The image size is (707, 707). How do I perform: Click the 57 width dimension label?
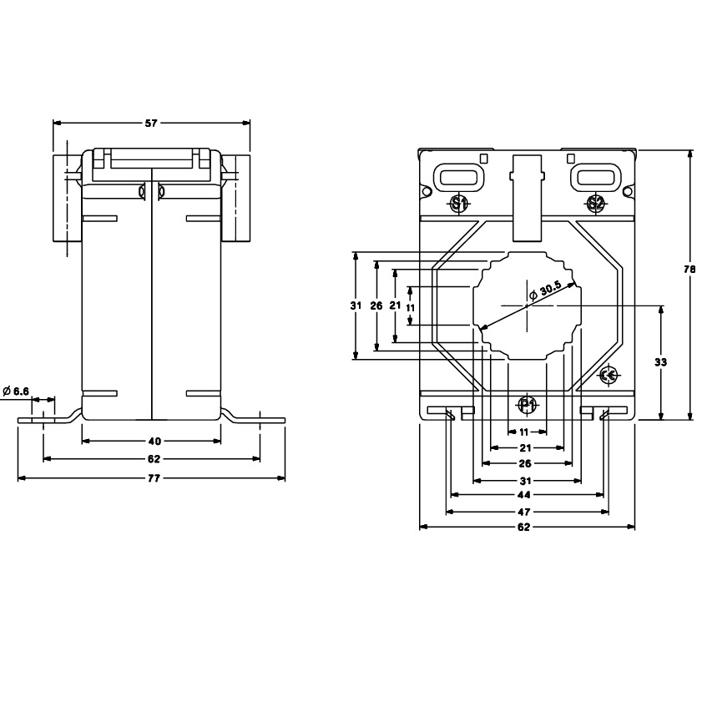click(151, 123)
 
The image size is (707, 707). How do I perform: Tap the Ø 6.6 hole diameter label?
click(16, 391)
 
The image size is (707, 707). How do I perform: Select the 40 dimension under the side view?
click(154, 441)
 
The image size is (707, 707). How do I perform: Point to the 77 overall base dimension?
click(154, 478)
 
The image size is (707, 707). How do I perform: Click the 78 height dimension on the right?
click(689, 270)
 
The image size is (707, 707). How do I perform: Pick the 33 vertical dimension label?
click(660, 361)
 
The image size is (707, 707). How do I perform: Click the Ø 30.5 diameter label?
click(545, 291)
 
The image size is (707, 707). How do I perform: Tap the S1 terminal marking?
click(459, 205)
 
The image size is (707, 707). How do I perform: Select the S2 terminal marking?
click(595, 205)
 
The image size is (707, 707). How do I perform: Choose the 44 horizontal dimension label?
click(524, 495)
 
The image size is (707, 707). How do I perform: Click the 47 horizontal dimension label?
click(524, 512)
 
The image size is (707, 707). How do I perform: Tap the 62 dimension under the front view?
click(524, 527)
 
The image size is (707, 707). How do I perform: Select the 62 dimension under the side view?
click(154, 459)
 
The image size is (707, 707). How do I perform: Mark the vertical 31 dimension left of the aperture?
click(356, 306)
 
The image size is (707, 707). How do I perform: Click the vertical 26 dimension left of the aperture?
click(376, 306)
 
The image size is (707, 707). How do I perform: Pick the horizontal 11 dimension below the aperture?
click(524, 432)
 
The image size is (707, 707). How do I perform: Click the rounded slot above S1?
click(458, 177)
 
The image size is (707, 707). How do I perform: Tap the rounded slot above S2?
click(596, 177)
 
